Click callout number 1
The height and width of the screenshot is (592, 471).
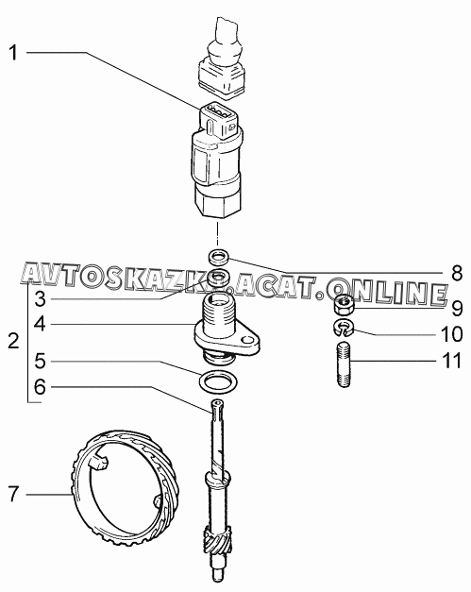(x=13, y=53)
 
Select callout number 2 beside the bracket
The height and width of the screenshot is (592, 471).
(x=13, y=341)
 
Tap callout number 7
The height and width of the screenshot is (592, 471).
(x=13, y=494)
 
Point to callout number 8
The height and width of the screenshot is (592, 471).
(x=457, y=273)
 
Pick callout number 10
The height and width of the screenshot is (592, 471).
(x=452, y=334)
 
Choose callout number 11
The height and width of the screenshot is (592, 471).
(x=452, y=361)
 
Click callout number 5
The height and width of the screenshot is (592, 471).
(x=40, y=361)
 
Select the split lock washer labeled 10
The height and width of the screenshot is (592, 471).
(x=343, y=328)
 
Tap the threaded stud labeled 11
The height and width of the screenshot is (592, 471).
(x=343, y=364)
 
